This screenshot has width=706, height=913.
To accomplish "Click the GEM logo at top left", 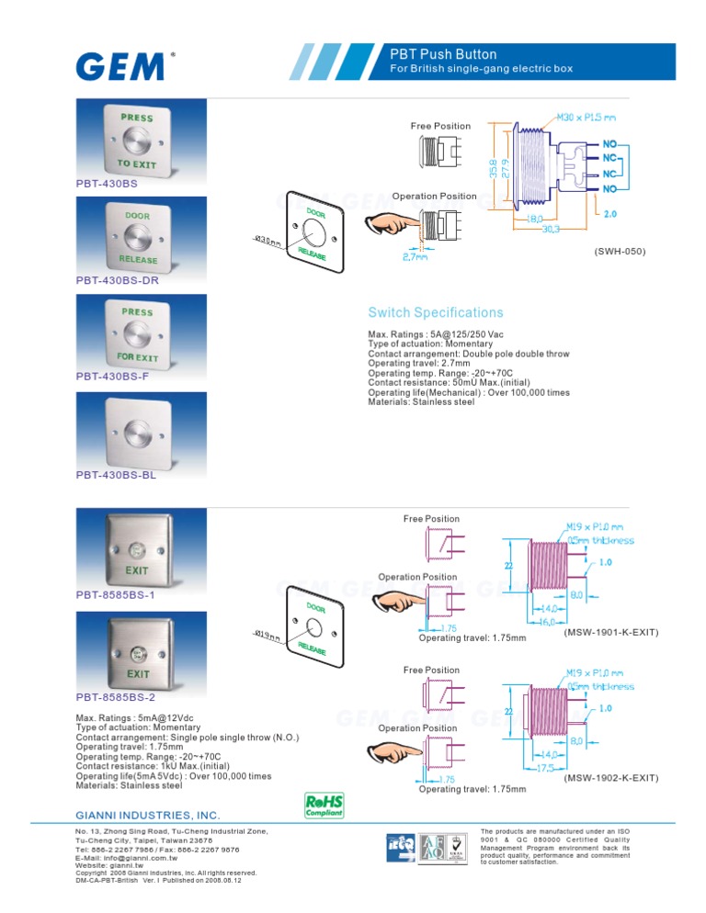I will coord(121,67).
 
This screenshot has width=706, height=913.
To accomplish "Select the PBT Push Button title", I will coord(443,55).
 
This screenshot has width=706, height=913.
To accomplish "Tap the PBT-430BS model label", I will coord(107,184).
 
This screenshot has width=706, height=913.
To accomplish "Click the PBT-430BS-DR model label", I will coord(117,280).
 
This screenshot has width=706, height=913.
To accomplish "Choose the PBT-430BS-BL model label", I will coord(115,475).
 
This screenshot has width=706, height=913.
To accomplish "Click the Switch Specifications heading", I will coord(435,312).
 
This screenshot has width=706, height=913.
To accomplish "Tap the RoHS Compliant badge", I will coord(324,805).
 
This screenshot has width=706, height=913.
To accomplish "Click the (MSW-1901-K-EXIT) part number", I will coord(609,632).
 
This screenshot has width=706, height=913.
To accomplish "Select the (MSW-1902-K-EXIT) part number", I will coord(609,778).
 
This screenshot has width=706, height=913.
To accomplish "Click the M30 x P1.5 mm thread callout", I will coord(586,118).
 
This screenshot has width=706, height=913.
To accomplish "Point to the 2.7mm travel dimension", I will coord(415,258).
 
